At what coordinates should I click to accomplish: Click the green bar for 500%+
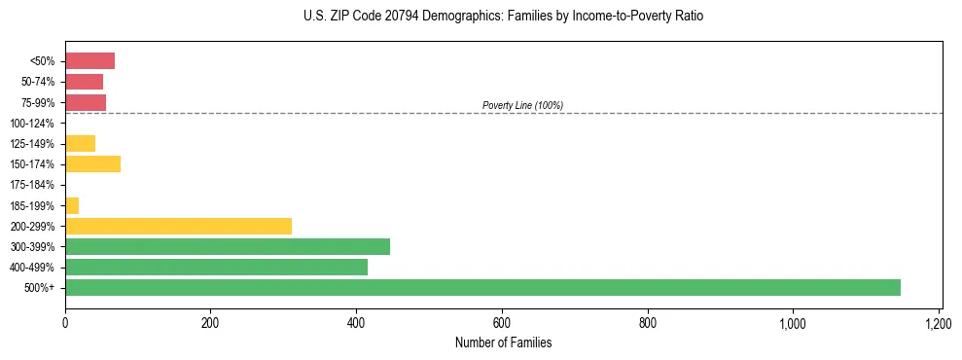click(482, 287)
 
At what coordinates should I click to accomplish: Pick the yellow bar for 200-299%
click(178, 226)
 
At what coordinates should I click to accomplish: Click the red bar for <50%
click(89, 61)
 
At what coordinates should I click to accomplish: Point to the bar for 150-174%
click(92, 163)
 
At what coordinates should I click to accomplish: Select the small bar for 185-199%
click(72, 205)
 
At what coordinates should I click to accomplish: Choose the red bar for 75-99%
click(86, 102)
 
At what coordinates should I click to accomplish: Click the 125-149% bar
click(80, 143)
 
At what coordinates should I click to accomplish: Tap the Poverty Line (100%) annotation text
click(522, 105)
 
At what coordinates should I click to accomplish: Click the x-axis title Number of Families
click(503, 342)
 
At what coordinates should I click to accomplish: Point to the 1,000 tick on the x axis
click(793, 323)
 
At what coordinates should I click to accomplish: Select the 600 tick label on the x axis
click(502, 323)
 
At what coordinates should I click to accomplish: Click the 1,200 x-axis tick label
click(939, 323)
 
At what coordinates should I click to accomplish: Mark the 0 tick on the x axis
click(65, 323)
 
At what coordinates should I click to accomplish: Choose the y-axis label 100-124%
click(32, 124)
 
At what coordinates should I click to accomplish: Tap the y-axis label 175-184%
click(32, 185)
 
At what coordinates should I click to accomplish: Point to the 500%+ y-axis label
click(41, 288)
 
